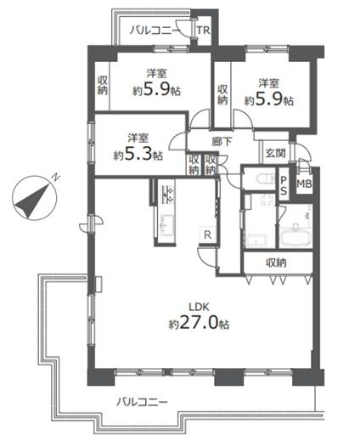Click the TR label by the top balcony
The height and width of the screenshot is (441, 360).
204,31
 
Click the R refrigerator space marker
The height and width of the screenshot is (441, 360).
206,232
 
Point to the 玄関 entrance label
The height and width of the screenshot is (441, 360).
274,153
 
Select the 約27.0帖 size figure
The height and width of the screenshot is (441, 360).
200,325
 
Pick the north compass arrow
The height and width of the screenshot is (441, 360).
35,199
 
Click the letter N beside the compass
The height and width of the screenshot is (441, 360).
53,177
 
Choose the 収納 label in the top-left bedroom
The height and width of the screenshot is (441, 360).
103,86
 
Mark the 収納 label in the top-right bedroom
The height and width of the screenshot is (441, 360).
222,94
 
